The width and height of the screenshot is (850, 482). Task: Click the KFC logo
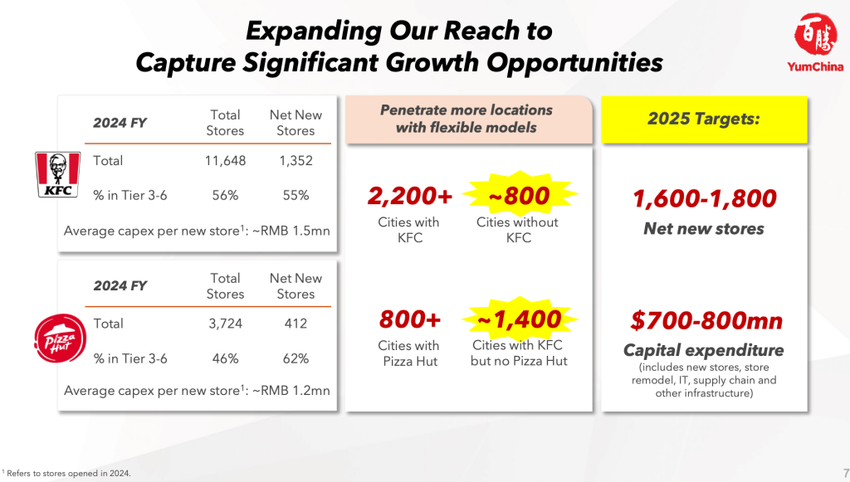point(58,174)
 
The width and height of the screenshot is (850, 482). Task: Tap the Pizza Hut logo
point(60,338)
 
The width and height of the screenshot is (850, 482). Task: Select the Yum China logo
point(815,43)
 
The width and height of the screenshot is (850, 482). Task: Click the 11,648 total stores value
point(225,161)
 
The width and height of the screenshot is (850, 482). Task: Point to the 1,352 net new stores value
point(296,161)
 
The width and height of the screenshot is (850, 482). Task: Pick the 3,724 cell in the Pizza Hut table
point(226,324)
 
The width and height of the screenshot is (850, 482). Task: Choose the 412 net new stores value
point(296,324)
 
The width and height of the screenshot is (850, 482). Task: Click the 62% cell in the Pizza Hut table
point(296,358)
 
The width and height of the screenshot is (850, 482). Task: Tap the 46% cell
point(226,358)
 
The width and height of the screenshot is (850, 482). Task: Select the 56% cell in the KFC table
point(226,196)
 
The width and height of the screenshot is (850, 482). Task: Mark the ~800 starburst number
point(520,196)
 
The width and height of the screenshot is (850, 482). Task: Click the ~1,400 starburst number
point(520,319)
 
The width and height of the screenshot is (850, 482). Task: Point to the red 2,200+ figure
point(410,196)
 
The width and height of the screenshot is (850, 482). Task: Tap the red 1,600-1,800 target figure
point(704,199)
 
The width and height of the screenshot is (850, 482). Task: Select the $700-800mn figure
point(707,321)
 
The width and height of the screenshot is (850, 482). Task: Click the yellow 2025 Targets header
point(704,119)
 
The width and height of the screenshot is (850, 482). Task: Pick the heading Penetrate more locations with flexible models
point(467,119)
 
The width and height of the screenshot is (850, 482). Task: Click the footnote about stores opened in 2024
point(66,474)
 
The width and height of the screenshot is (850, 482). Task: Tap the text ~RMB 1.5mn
point(291,231)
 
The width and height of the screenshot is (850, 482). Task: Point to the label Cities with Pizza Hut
point(409,353)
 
